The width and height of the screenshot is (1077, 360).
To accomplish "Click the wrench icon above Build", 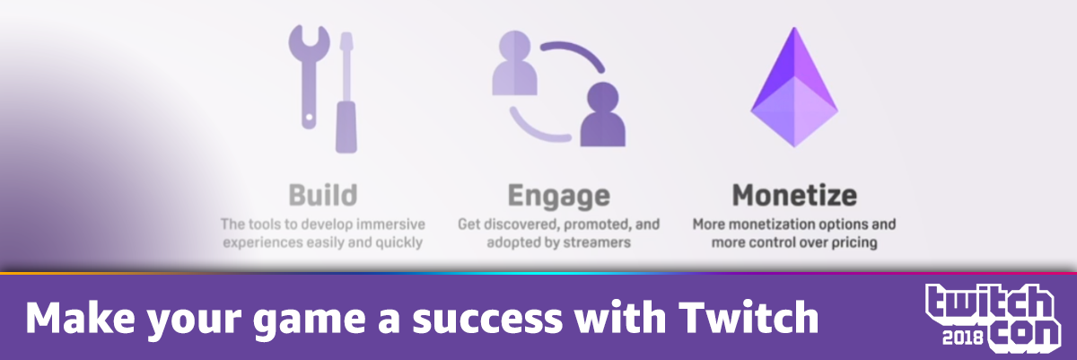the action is tap(309, 77).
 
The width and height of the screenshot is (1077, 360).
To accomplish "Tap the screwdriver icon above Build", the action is tap(346, 92).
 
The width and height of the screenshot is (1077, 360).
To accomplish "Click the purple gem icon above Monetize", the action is tap(794, 87).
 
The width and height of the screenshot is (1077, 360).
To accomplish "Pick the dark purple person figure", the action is tap(603, 114).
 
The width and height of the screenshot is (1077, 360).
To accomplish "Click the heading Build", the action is tap(322, 195).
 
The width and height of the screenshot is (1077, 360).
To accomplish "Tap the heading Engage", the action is tap(558, 197).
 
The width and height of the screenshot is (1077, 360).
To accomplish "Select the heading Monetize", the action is tap(794, 195).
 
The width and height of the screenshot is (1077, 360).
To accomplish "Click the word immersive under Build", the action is tap(391, 224).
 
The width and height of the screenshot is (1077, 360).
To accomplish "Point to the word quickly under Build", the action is tap(399, 242).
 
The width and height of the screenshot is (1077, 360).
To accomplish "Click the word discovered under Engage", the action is tap(521, 224).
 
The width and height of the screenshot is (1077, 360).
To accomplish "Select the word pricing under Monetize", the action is tap(854, 242).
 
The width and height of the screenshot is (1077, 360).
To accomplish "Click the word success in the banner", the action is tap(487, 319).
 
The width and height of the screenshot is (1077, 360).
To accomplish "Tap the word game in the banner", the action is tap(309, 320).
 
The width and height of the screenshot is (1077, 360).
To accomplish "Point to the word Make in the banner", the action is tap(80, 317).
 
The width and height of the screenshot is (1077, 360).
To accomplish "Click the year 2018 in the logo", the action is tap(962, 338).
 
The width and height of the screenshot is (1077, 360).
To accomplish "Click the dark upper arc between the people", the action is tap(577, 50).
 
